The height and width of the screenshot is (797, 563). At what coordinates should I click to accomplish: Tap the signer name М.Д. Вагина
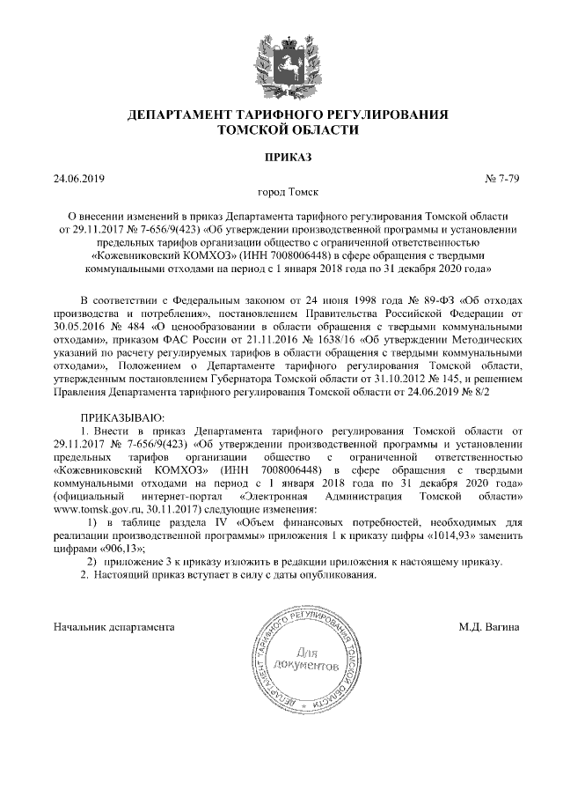click(x=488, y=627)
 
